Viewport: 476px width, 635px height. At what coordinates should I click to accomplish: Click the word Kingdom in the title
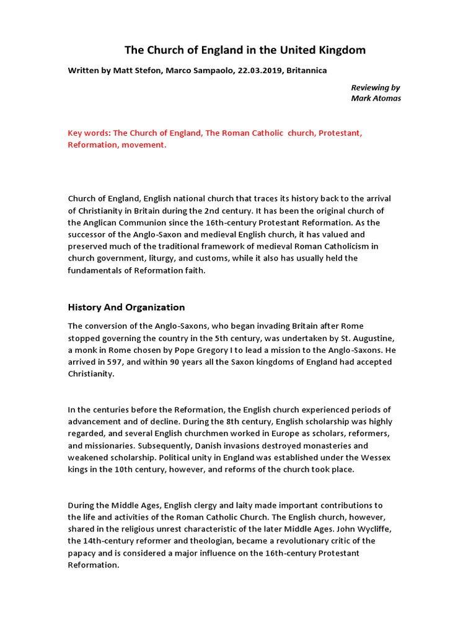point(338,50)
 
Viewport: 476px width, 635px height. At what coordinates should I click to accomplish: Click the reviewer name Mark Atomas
point(376,98)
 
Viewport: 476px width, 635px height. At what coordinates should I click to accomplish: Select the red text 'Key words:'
point(89,133)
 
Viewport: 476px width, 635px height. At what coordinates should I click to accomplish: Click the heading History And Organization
point(126,307)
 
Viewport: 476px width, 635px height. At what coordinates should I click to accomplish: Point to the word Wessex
point(376,457)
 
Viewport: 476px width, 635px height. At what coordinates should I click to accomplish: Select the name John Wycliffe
point(367,529)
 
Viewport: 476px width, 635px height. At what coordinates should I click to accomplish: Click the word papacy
point(83,553)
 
